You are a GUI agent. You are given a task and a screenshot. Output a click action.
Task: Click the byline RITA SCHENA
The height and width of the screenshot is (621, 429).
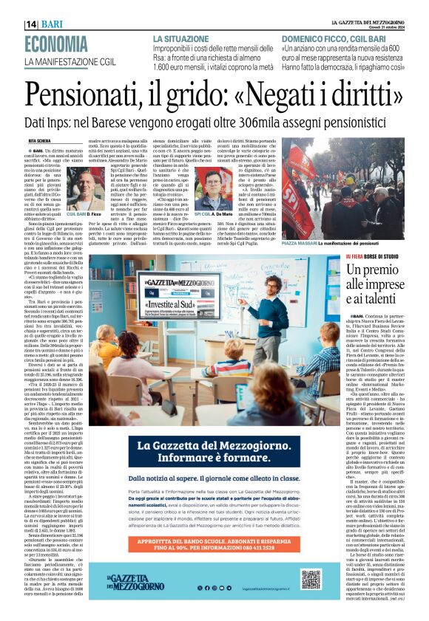point(40,139)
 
